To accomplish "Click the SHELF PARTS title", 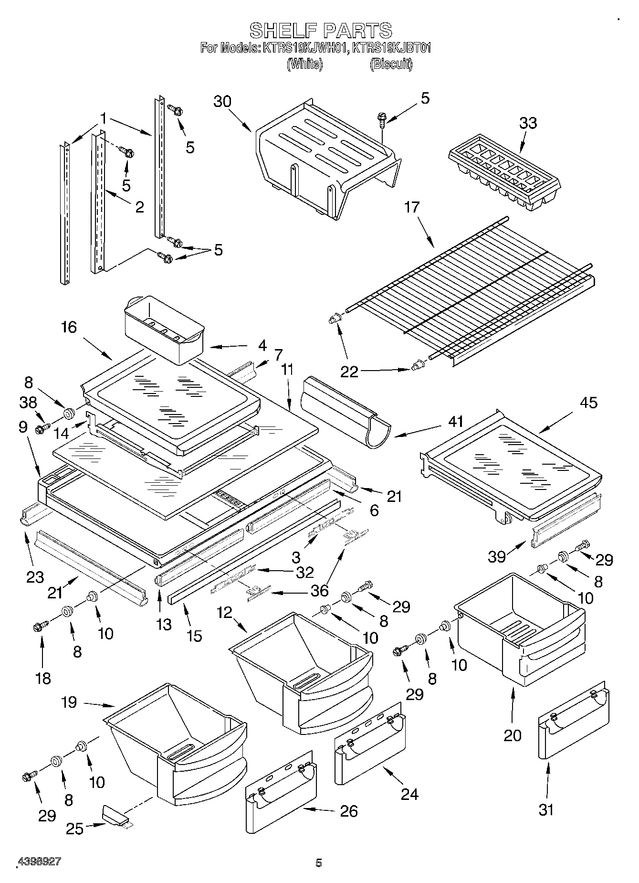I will click(321, 31).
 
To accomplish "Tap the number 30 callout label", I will click(222, 102).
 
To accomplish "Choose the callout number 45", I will click(588, 403).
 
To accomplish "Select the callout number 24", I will click(409, 794).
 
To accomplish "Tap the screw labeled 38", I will click(42, 428).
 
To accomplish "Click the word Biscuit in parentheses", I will click(391, 64).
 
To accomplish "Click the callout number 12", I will click(224, 612).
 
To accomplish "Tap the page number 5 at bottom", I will click(319, 862).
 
